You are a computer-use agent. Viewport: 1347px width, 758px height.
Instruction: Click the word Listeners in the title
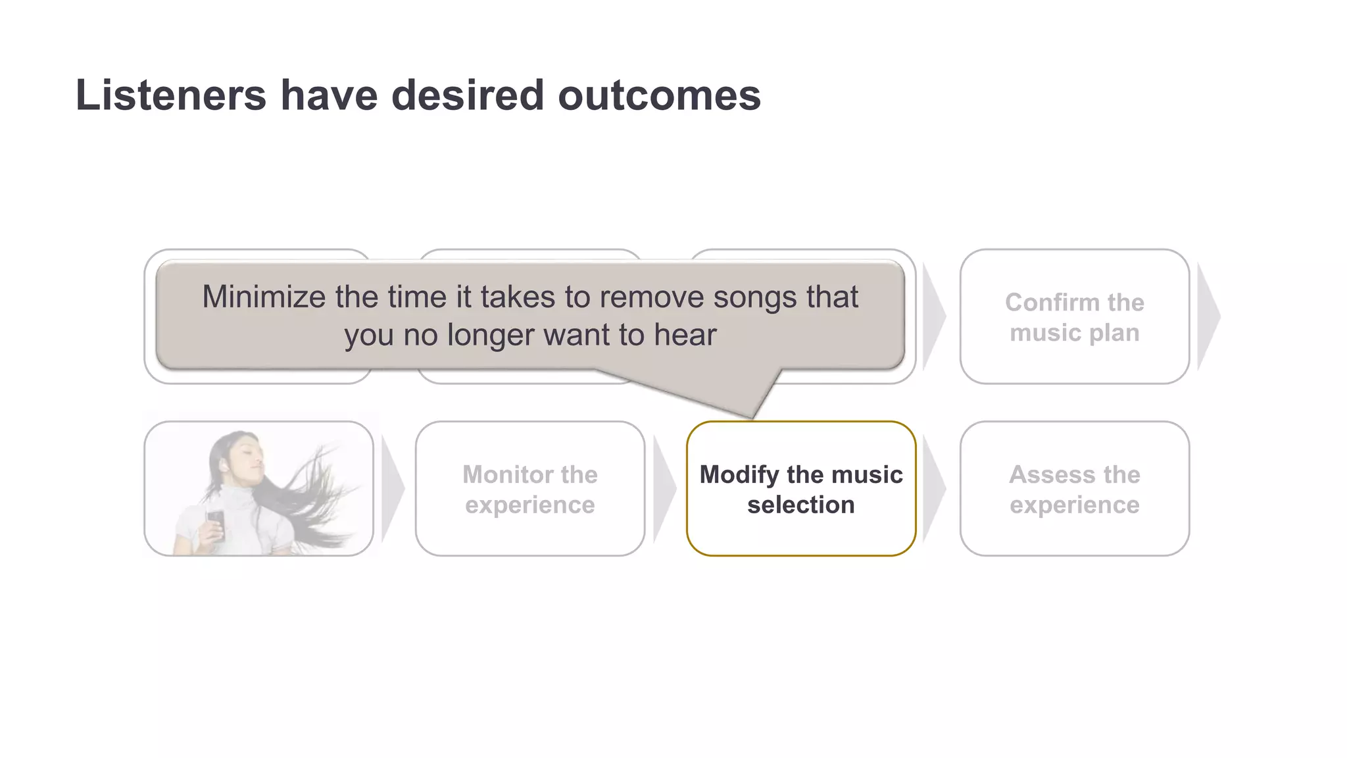[170, 95]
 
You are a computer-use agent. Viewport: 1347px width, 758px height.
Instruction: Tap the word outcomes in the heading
[659, 95]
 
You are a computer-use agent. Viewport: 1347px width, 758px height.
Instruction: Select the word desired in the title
[468, 95]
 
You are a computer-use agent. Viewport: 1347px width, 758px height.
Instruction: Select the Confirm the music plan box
[1074, 316]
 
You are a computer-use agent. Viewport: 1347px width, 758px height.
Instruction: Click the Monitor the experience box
[529, 489]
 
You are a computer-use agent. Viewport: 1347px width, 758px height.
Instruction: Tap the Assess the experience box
[1074, 489]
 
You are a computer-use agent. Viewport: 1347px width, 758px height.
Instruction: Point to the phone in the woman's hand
[216, 523]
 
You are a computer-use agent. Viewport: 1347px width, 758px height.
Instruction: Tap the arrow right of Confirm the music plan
[1208, 316]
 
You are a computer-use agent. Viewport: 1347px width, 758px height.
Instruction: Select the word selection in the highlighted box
[800, 505]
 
